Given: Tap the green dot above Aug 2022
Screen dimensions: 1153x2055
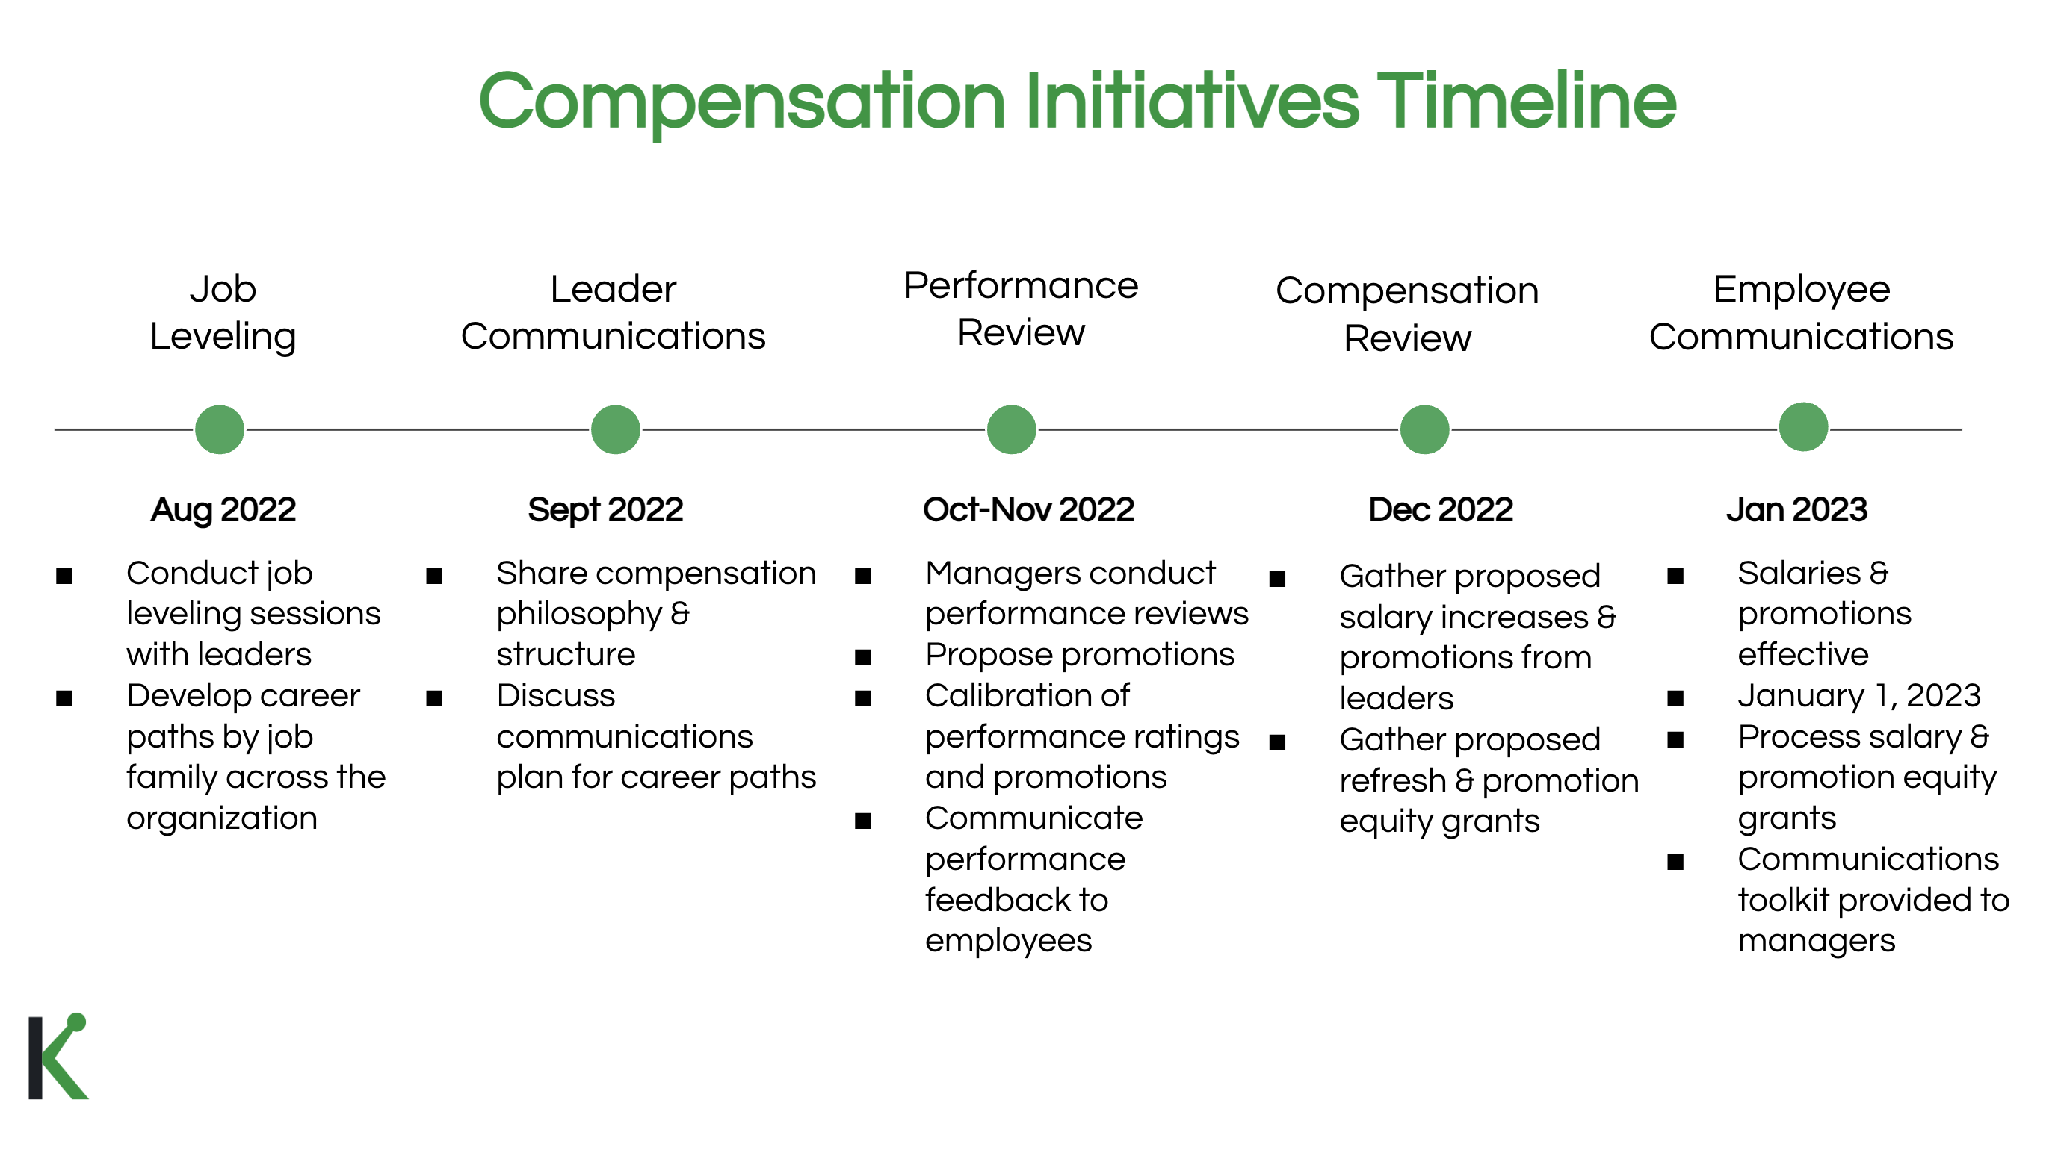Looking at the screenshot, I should pos(220,430).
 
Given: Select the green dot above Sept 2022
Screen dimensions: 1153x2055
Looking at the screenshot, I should pos(615,430).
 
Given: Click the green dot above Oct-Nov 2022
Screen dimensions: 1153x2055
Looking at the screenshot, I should pos(1012,430).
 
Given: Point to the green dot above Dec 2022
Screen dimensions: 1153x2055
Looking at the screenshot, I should pos(1424,430).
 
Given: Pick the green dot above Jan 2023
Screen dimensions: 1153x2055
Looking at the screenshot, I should pos(1803,427).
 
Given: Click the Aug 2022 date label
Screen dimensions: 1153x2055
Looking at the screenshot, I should pos(223,510).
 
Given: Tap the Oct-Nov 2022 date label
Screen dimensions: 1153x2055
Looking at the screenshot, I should pos(1028,510).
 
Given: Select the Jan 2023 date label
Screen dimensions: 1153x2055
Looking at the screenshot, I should pos(1796,510).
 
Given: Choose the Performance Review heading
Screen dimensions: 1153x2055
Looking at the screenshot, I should pos(1021,309).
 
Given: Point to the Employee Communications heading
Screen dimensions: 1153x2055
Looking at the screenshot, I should pos(1802,314).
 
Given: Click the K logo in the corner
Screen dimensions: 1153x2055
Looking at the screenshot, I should pos(58,1057).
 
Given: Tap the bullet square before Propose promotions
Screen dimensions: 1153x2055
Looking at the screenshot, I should pos(862,658).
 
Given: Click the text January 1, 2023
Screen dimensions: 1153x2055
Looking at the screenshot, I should pos(1858,696).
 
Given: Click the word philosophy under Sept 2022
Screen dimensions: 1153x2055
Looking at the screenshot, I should pos(579,615).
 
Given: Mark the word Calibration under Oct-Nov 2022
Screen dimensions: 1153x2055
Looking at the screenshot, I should pos(1027,696).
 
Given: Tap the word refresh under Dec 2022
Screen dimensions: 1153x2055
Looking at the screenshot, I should pos(1392,780).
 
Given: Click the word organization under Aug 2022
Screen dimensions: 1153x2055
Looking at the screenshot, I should pos(222,819).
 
